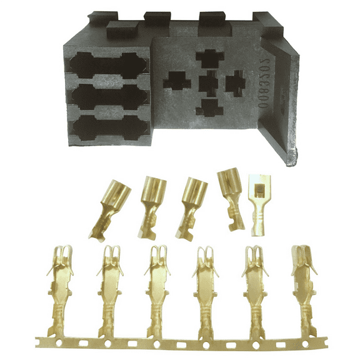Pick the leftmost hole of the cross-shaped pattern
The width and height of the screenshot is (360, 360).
[x=177, y=81]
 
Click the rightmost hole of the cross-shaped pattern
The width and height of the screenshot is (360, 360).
[x=235, y=81]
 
